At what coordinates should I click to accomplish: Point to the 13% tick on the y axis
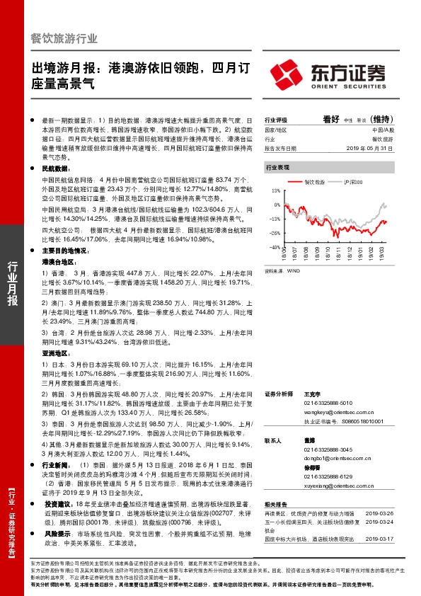tap(276, 192)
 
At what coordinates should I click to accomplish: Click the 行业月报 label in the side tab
tap(12, 284)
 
